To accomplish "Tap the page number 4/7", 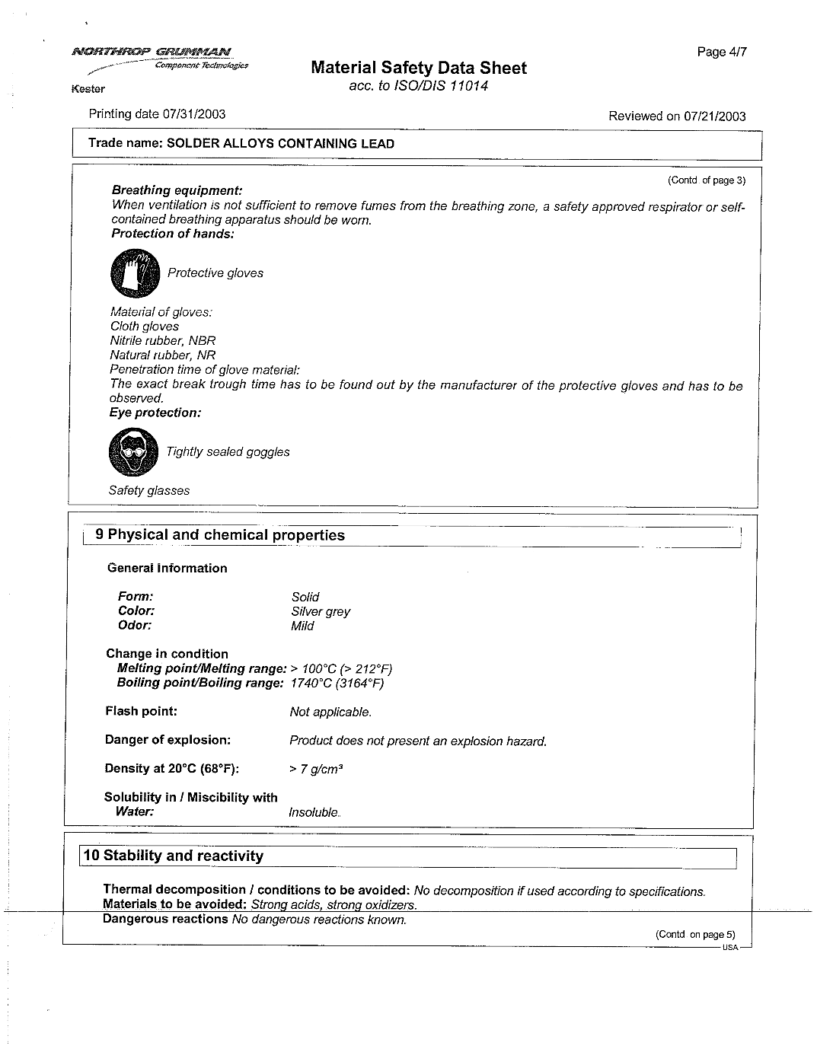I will pyautogui.click(x=721, y=52).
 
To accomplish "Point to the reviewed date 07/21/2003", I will pyautogui.click(x=714, y=116).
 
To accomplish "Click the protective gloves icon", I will pyautogui.click(x=135, y=273).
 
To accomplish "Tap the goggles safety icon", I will pyautogui.click(x=133, y=452).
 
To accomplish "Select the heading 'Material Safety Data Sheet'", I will pyautogui.click(x=419, y=68).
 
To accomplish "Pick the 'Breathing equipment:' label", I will pyautogui.click(x=177, y=190).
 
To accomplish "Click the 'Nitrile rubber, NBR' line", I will pyautogui.click(x=163, y=341).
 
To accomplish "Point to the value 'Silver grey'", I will pyautogui.click(x=321, y=612).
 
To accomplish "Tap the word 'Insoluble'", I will pyautogui.click(x=314, y=813).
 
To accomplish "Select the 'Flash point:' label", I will pyautogui.click(x=141, y=712).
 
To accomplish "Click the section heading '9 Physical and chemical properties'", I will pyautogui.click(x=220, y=535).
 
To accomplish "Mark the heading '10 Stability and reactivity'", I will pyautogui.click(x=174, y=856).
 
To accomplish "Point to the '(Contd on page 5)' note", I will pyautogui.click(x=695, y=935).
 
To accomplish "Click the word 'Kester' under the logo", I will pyautogui.click(x=88, y=89).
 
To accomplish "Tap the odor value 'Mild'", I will pyautogui.click(x=302, y=626).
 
